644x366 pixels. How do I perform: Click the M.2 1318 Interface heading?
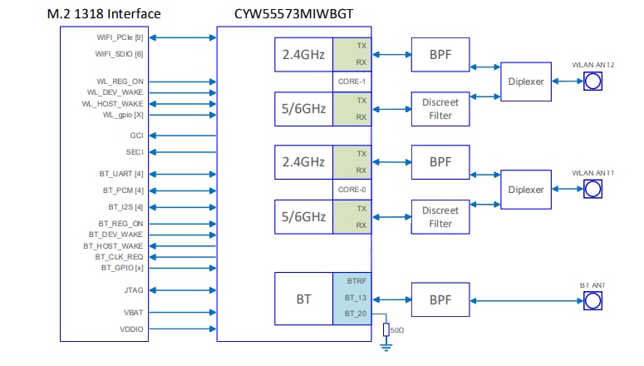point(111,14)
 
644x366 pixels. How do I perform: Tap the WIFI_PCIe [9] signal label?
point(120,37)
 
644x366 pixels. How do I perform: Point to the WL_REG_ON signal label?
point(120,81)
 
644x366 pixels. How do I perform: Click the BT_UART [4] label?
point(121,174)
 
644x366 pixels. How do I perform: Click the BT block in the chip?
point(303,297)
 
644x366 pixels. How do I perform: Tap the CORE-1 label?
point(351,82)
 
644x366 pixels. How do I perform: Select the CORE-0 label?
point(351,190)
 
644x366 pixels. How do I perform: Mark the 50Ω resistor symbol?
point(386,329)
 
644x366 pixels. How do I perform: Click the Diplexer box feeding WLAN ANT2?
point(526,82)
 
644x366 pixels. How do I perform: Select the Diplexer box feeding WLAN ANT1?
point(526,190)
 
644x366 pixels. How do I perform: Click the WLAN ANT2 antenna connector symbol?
point(592,82)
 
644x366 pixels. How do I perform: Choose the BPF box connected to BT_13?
point(440,297)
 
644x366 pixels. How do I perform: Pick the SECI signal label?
point(135,152)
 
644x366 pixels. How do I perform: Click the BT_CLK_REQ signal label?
point(120,257)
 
